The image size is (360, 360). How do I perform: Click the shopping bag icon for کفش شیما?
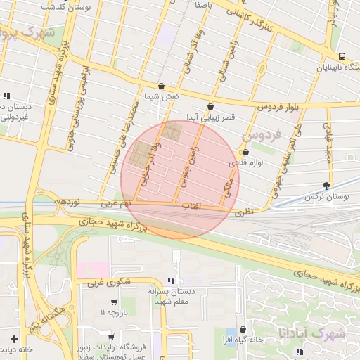pyautogui.click(x=161, y=86)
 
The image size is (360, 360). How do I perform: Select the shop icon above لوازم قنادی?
pyautogui.click(x=245, y=153)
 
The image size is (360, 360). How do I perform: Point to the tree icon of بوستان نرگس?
pyautogui.click(x=326, y=186)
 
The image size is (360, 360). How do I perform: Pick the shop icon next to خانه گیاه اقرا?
pyautogui.click(x=243, y=328)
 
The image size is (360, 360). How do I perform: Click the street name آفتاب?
pyautogui.click(x=191, y=207)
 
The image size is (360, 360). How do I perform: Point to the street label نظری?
pyautogui.click(x=243, y=210)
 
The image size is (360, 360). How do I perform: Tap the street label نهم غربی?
pyautogui.click(x=116, y=204)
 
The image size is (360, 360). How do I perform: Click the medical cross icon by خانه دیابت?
pyautogui.click(x=14, y=338)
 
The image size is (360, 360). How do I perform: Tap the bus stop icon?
pyautogui.click(x=341, y=57)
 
